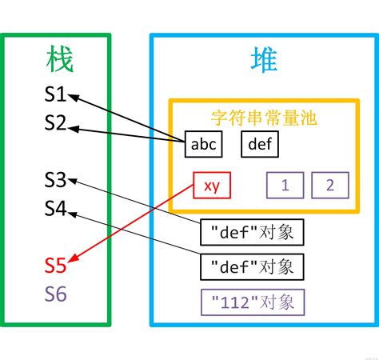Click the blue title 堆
[263, 60]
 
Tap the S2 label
[55, 123]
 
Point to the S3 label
[55, 179]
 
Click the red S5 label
[55, 264]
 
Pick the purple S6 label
[55, 294]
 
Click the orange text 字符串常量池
[264, 118]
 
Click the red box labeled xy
[211, 186]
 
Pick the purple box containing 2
[330, 186]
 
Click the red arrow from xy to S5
[136, 223]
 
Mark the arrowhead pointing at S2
[74, 125]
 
